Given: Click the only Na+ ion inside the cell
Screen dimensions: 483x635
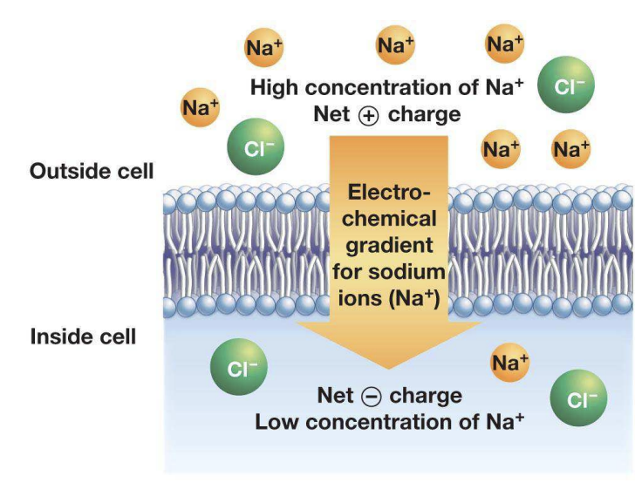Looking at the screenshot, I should (x=509, y=362).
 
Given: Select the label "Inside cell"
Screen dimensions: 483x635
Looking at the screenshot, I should (x=84, y=336).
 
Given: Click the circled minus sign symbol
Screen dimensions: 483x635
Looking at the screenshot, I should (x=369, y=397).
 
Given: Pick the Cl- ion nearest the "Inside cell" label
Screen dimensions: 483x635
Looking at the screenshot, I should (x=238, y=369).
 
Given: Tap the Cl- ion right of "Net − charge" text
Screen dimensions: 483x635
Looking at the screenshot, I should (x=578, y=399).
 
